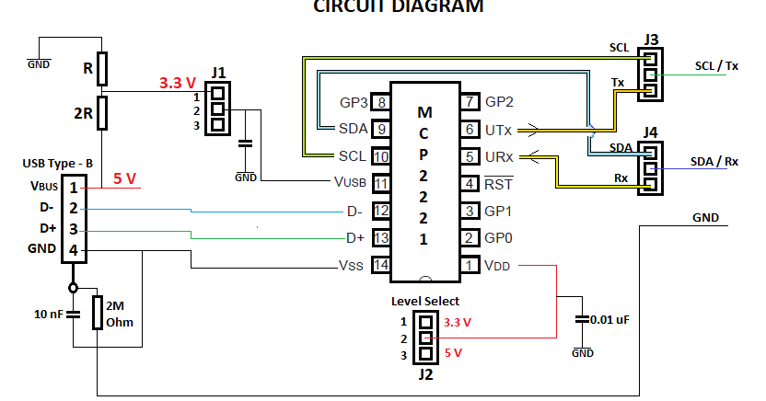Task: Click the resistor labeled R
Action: click(102, 67)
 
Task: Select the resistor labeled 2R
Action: click(102, 112)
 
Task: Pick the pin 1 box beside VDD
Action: click(470, 265)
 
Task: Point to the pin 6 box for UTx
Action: click(470, 130)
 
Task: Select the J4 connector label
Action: click(651, 132)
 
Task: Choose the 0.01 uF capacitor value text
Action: click(610, 319)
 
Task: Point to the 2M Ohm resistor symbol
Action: click(98, 313)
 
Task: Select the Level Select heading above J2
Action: click(424, 301)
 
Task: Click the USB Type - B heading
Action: click(57, 163)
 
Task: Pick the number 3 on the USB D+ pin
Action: click(73, 229)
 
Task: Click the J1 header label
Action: click(217, 73)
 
